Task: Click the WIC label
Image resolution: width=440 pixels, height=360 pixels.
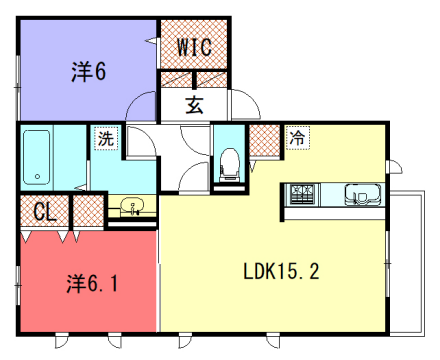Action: (x=193, y=47)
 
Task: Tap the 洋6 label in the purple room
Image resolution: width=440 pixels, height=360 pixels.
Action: (x=88, y=72)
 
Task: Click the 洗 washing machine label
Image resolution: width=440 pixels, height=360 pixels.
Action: (x=105, y=138)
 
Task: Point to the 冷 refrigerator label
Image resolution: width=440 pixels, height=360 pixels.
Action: (x=297, y=139)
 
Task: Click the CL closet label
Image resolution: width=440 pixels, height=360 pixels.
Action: (x=43, y=212)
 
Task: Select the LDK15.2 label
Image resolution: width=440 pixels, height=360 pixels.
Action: (x=281, y=271)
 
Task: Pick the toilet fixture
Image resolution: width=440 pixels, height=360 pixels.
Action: (x=229, y=162)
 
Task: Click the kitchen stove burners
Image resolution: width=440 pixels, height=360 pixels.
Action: (x=304, y=192)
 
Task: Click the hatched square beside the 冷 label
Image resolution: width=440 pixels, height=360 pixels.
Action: (x=264, y=139)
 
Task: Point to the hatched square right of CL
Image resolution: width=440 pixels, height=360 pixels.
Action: (x=88, y=211)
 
